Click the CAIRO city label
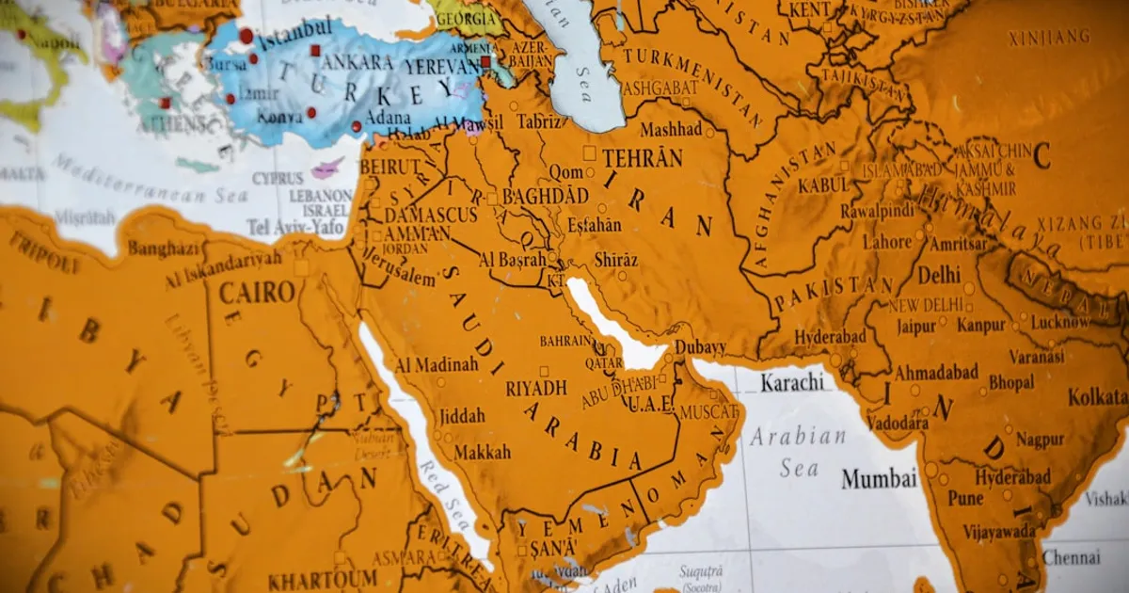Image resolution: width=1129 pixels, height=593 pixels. tap(257, 292)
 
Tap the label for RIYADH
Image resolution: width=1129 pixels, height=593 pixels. tap(536, 388)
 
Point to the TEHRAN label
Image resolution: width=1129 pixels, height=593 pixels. tap(643, 157)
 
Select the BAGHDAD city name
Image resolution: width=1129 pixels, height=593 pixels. tap(546, 197)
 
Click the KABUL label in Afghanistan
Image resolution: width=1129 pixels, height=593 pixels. tap(823, 185)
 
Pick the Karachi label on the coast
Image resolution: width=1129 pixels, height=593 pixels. tap(792, 382)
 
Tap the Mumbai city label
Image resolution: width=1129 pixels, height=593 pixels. tap(879, 478)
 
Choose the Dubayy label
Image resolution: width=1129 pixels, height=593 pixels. tap(700, 347)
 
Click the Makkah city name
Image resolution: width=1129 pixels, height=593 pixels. tap(482, 452)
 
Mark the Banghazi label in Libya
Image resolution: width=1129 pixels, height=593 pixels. tap(164, 248)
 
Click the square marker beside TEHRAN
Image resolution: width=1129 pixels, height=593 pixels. tap(589, 152)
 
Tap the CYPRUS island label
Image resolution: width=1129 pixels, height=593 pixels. tap(278, 178)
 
